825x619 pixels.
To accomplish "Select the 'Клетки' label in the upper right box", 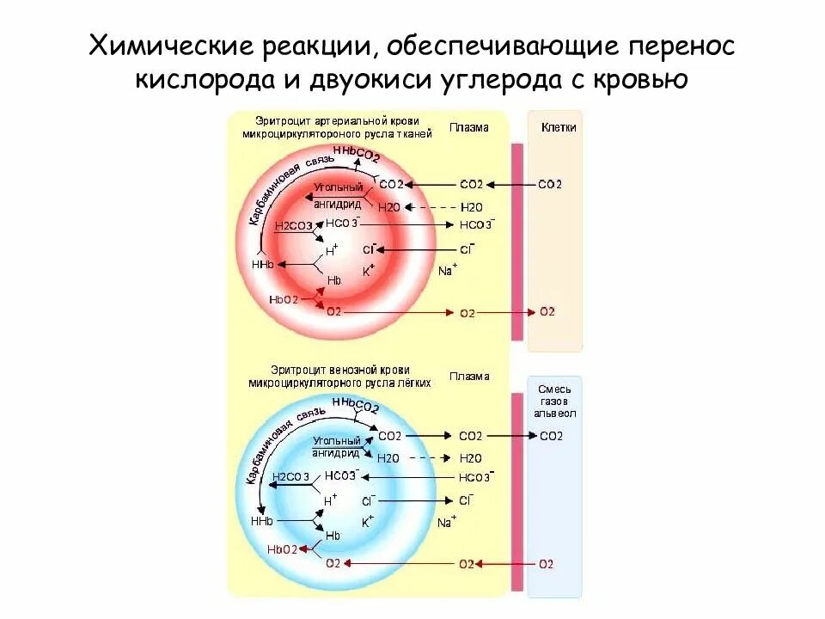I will click(559, 127).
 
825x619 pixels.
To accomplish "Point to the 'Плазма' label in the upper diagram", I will click(468, 127).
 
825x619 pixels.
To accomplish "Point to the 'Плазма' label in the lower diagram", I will click(468, 377).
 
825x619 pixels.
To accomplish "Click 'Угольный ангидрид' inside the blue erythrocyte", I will click(333, 447).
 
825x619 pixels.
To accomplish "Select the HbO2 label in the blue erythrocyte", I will click(282, 549).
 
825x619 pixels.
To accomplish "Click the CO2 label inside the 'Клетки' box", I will click(550, 184).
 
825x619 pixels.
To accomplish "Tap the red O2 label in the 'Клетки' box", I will click(547, 311).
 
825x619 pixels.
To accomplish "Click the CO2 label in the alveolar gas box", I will click(551, 436).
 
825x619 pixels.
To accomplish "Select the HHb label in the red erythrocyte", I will click(262, 266).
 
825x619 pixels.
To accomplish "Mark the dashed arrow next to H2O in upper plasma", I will click(434, 207).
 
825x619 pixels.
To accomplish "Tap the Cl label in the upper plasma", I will click(467, 249).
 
